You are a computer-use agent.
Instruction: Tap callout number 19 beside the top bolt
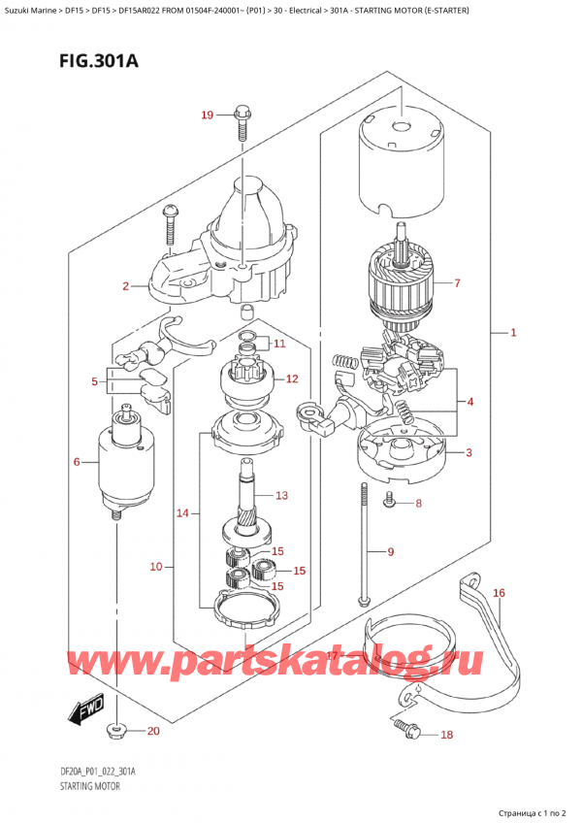206,116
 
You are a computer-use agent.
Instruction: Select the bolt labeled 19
241,126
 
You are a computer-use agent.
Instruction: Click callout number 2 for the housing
125,286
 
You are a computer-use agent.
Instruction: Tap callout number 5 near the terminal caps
94,382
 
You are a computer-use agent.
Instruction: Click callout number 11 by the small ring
278,344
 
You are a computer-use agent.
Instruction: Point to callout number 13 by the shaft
281,495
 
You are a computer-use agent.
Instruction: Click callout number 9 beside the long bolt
389,552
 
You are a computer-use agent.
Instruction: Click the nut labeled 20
116,729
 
